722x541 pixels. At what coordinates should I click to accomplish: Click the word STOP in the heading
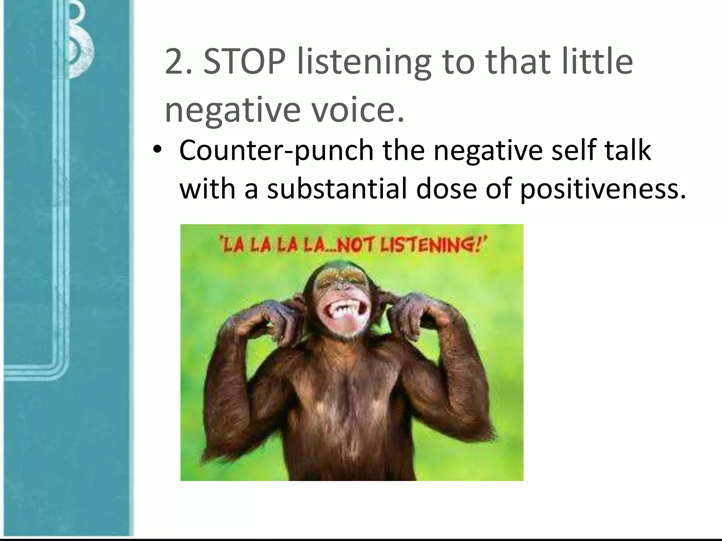click(244, 62)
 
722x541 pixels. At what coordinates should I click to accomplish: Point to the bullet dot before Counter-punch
click(157, 150)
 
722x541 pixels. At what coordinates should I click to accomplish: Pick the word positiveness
click(603, 189)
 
